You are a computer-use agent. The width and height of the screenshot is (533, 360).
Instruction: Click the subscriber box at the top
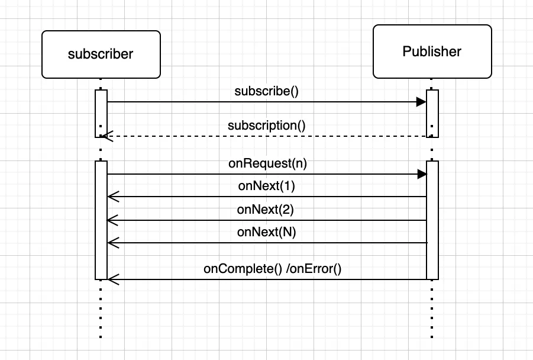101,54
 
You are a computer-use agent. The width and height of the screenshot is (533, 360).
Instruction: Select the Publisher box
432,52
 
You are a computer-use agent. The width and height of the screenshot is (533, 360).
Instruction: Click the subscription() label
266,126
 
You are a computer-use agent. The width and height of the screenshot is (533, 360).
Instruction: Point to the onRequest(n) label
267,163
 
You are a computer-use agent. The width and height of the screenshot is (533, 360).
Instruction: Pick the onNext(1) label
266,186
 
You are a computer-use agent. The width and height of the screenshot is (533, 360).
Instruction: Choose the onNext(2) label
266,209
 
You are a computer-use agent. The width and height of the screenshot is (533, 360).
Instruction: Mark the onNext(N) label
266,232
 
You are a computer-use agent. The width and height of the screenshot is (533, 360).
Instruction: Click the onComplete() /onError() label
273,268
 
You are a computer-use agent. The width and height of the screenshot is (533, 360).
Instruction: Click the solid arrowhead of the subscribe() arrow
421,102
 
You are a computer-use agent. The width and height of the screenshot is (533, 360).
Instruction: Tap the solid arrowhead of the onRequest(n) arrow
421,174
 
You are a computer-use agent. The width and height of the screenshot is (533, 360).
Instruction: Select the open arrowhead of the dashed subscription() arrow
105,136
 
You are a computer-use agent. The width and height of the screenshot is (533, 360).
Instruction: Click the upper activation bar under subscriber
101,113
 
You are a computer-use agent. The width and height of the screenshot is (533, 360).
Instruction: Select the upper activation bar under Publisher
432,113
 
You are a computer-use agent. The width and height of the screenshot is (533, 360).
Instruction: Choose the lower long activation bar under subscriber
101,219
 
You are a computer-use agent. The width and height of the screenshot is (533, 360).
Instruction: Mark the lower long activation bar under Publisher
432,219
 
